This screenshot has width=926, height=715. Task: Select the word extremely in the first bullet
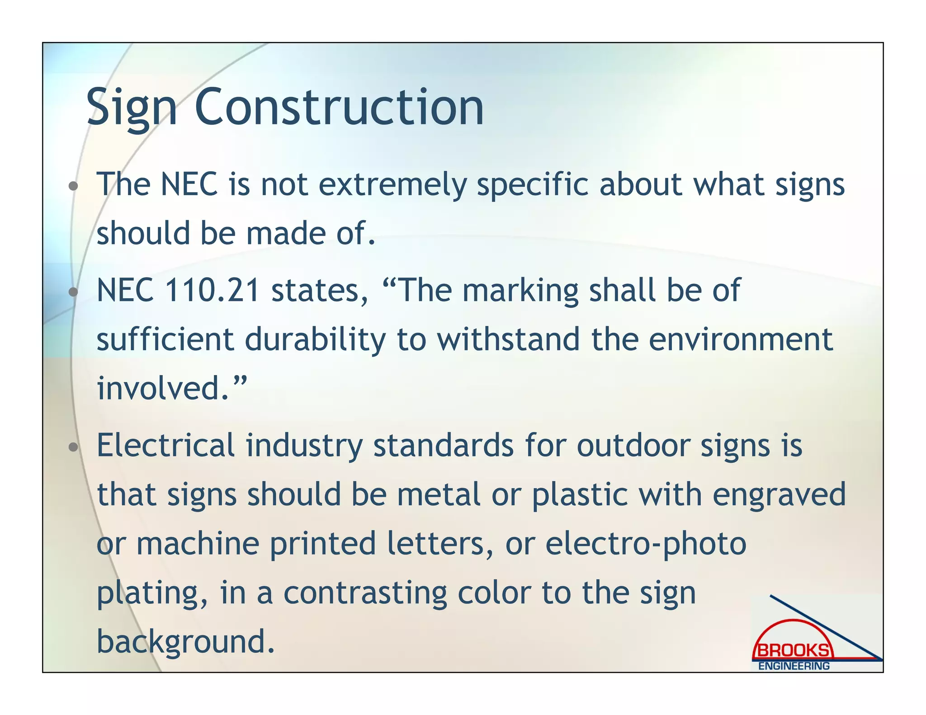click(392, 185)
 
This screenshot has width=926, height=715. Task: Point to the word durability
click(316, 339)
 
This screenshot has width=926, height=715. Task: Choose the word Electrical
click(165, 445)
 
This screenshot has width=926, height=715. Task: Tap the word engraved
click(779, 494)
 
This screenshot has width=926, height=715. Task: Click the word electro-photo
click(646, 543)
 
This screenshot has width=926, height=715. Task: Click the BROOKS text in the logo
click(794, 650)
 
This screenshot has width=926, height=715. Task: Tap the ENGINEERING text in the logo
click(794, 666)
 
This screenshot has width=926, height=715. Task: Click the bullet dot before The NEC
click(73, 186)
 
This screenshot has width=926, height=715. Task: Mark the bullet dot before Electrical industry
click(73, 447)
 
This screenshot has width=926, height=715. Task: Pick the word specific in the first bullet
click(533, 185)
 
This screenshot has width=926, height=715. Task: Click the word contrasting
click(365, 593)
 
